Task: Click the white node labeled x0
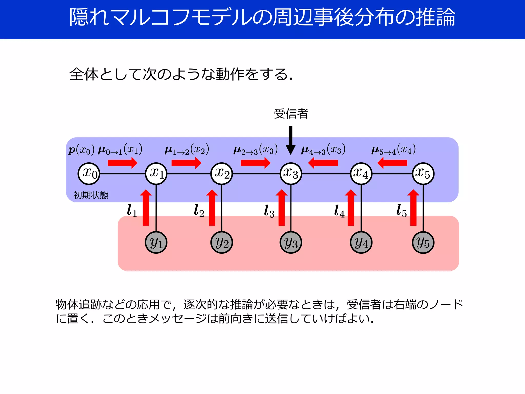[89, 174]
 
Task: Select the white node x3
[291, 174]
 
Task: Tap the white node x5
[423, 174]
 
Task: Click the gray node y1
[156, 242]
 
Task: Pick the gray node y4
[361, 242]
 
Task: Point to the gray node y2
[222, 242]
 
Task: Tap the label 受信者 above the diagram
[291, 114]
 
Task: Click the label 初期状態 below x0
[91, 195]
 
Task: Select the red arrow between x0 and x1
[123, 163]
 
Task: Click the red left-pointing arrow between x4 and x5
[392, 163]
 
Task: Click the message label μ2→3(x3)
[256, 149]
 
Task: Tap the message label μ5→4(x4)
[393, 149]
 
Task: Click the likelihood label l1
[132, 211]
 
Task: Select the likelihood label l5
[401, 211]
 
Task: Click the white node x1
[156, 174]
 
